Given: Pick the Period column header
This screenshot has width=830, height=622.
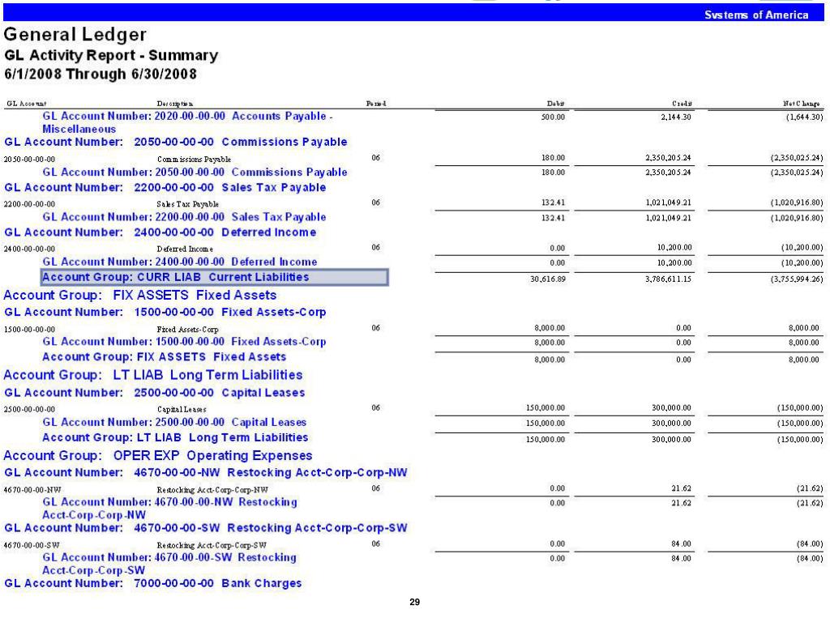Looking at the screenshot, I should pyautogui.click(x=375, y=104).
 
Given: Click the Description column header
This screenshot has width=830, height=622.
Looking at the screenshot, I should pyautogui.click(x=171, y=104).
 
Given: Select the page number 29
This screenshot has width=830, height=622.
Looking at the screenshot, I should pyautogui.click(x=415, y=603).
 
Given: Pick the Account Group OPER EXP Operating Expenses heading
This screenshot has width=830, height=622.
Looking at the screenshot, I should pyautogui.click(x=158, y=455).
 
